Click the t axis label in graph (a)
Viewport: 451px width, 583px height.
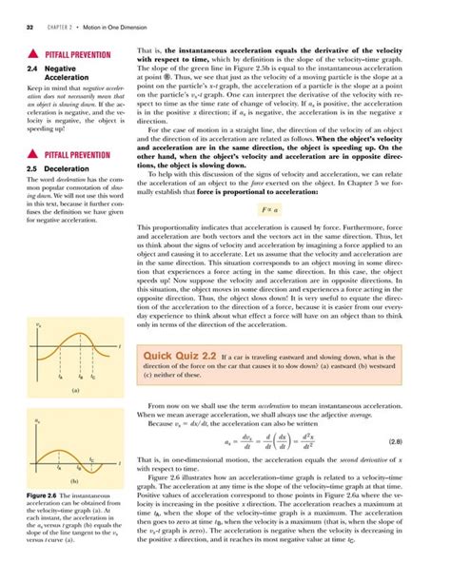click(x=119, y=317)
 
